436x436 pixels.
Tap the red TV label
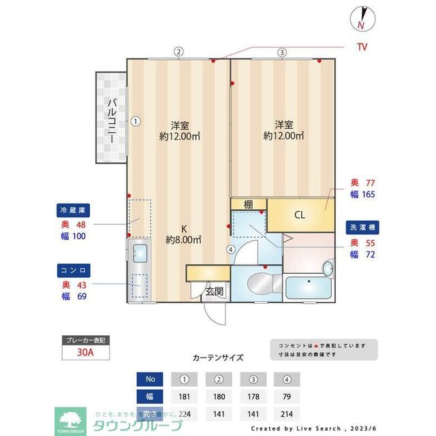coord(362,47)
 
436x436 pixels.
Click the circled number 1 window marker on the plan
coord(136,122)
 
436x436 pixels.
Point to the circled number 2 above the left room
coord(178,51)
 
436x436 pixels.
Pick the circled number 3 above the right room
coord(281,52)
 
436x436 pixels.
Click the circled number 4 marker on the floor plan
coord(232,249)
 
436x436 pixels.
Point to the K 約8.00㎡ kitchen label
coord(183,234)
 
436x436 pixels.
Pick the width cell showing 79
coord(287,396)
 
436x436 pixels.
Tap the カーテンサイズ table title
coord(217,357)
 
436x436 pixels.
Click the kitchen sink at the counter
coord(140,253)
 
